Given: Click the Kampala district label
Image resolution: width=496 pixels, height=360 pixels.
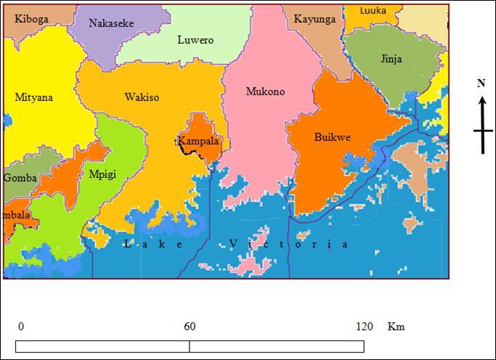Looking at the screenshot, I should pyautogui.click(x=198, y=142).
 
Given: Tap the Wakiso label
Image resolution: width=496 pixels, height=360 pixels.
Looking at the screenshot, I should pyautogui.click(x=142, y=97).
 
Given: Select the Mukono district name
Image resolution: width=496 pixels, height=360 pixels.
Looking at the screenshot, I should pyautogui.click(x=265, y=91).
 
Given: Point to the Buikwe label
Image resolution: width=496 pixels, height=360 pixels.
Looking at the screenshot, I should pyautogui.click(x=331, y=136).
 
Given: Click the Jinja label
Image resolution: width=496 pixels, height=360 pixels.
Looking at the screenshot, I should pyautogui.click(x=391, y=59).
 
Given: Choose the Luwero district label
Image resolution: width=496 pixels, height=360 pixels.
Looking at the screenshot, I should pyautogui.click(x=195, y=41).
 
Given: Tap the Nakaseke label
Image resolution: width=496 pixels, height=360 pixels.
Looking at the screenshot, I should pyautogui.click(x=111, y=23).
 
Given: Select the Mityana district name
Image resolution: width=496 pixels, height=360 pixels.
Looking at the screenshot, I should pyautogui.click(x=33, y=97).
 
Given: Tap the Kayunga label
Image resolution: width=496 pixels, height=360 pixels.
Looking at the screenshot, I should pyautogui.click(x=314, y=20).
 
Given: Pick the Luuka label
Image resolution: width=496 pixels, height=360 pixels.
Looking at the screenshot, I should pyautogui.click(x=373, y=10).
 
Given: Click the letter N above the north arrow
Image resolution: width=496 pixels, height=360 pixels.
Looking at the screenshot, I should pyautogui.click(x=481, y=83).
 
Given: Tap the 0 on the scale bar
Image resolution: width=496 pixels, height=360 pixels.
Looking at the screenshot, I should pyautogui.click(x=20, y=327).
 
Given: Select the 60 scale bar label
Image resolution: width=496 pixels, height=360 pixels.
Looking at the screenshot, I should pyautogui.click(x=190, y=327).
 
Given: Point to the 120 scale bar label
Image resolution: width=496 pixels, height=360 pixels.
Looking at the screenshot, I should pyautogui.click(x=365, y=327).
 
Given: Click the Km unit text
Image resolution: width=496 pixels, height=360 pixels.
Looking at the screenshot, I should pyautogui.click(x=396, y=327).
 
